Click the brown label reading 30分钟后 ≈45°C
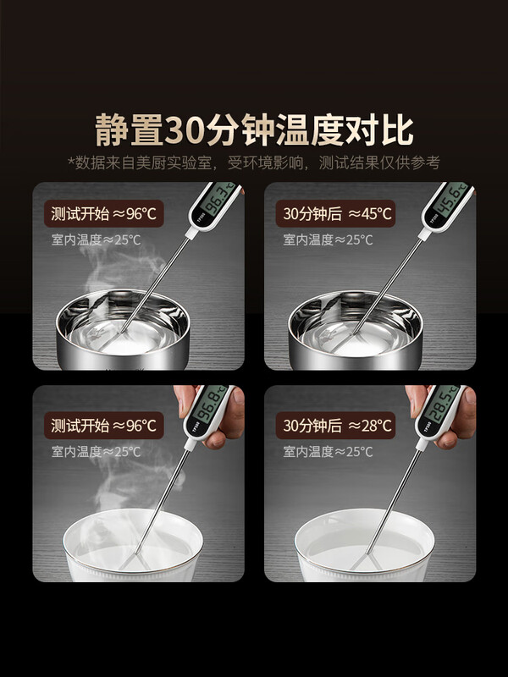(x=335, y=213)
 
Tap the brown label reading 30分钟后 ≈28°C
(x=335, y=426)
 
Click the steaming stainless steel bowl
(x=123, y=329)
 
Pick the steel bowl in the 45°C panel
(x=355, y=329)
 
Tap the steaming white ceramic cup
(x=133, y=545)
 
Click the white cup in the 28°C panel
(x=365, y=545)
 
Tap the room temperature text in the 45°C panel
(x=328, y=239)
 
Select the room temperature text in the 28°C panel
(x=328, y=452)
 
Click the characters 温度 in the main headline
(x=310, y=129)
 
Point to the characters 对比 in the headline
(x=378, y=129)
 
